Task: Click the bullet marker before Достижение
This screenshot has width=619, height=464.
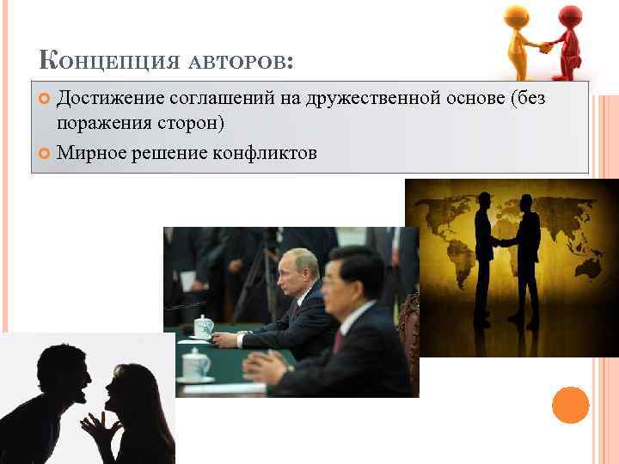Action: click(44, 100)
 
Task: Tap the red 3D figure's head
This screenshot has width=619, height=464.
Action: click(569, 16)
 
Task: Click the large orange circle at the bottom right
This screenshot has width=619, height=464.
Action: click(570, 405)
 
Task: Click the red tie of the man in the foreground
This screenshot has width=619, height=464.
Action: click(339, 340)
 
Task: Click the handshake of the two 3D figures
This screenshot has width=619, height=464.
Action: click(544, 47)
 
